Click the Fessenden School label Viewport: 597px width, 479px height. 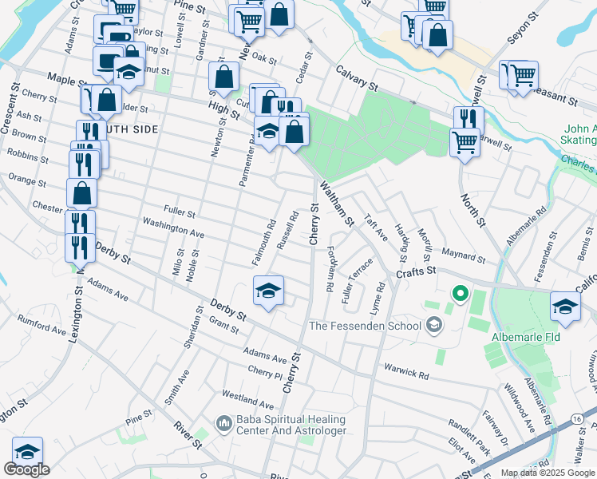click(x=366, y=325)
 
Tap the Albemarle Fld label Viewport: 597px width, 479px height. click(x=527, y=336)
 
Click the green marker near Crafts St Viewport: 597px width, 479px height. click(x=459, y=295)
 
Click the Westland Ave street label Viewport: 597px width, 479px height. click(x=243, y=395)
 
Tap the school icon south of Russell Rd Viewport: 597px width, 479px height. click(x=269, y=291)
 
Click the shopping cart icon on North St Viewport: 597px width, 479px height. click(x=465, y=144)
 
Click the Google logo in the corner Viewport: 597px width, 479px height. click(x=26, y=469)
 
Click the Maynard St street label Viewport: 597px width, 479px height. click(x=464, y=255)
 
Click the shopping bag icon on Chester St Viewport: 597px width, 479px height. click(x=81, y=192)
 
